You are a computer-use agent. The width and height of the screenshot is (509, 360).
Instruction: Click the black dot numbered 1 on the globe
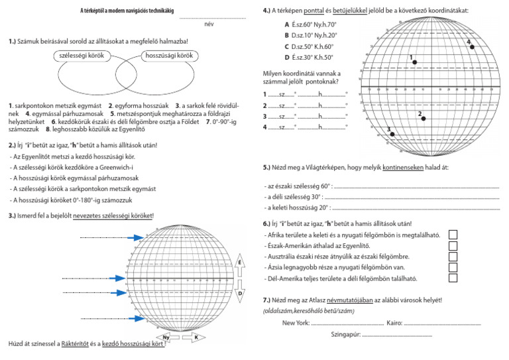415,62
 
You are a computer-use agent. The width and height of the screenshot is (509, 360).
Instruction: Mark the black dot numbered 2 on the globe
423,118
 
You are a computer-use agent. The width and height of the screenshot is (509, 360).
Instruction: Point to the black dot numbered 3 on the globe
392,134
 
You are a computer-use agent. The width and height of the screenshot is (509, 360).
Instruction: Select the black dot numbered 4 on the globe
472,46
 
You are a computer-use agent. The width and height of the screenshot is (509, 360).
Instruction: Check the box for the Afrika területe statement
453,235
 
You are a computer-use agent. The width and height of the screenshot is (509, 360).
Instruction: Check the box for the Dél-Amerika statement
453,278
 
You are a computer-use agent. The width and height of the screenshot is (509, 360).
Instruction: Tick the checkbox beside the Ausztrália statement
453,257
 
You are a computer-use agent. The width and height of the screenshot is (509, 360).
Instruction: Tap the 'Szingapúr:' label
345,335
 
